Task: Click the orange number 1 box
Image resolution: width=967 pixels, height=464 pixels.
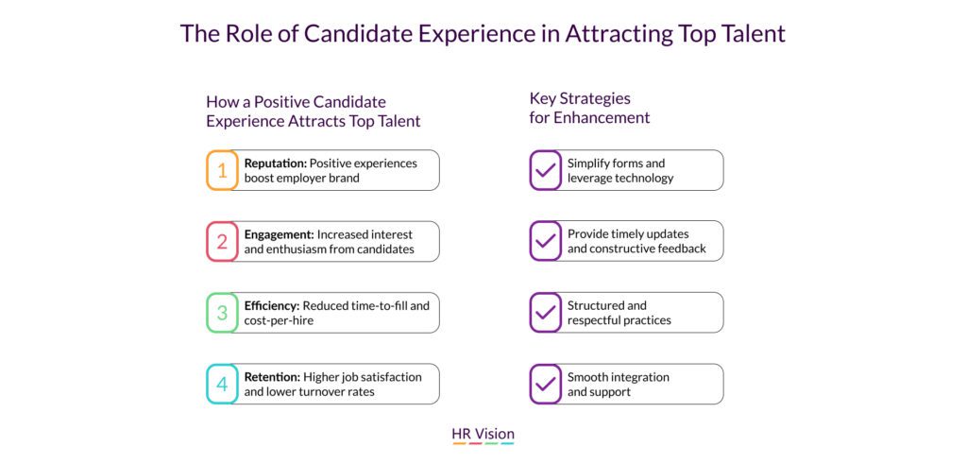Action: [x=222, y=170]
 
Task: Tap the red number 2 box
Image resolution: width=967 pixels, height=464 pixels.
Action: [x=222, y=241]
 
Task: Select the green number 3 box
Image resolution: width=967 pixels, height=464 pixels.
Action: [x=222, y=313]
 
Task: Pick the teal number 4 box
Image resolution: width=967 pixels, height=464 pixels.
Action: [x=222, y=384]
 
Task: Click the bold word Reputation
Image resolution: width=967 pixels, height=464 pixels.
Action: [x=275, y=163]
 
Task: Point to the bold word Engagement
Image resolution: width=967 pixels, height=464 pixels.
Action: [x=280, y=234]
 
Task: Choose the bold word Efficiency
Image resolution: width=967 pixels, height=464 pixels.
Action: [x=272, y=305]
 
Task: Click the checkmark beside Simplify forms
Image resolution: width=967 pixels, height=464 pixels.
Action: [x=545, y=170]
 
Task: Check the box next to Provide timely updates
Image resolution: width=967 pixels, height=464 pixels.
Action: [x=545, y=241]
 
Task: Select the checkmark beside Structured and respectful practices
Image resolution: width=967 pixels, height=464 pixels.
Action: [x=545, y=313]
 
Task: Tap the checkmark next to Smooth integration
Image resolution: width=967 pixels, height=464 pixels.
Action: [x=545, y=384]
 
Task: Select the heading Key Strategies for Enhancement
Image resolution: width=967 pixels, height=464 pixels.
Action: [x=589, y=108]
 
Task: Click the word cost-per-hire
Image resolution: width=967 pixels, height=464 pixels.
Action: [x=279, y=321]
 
